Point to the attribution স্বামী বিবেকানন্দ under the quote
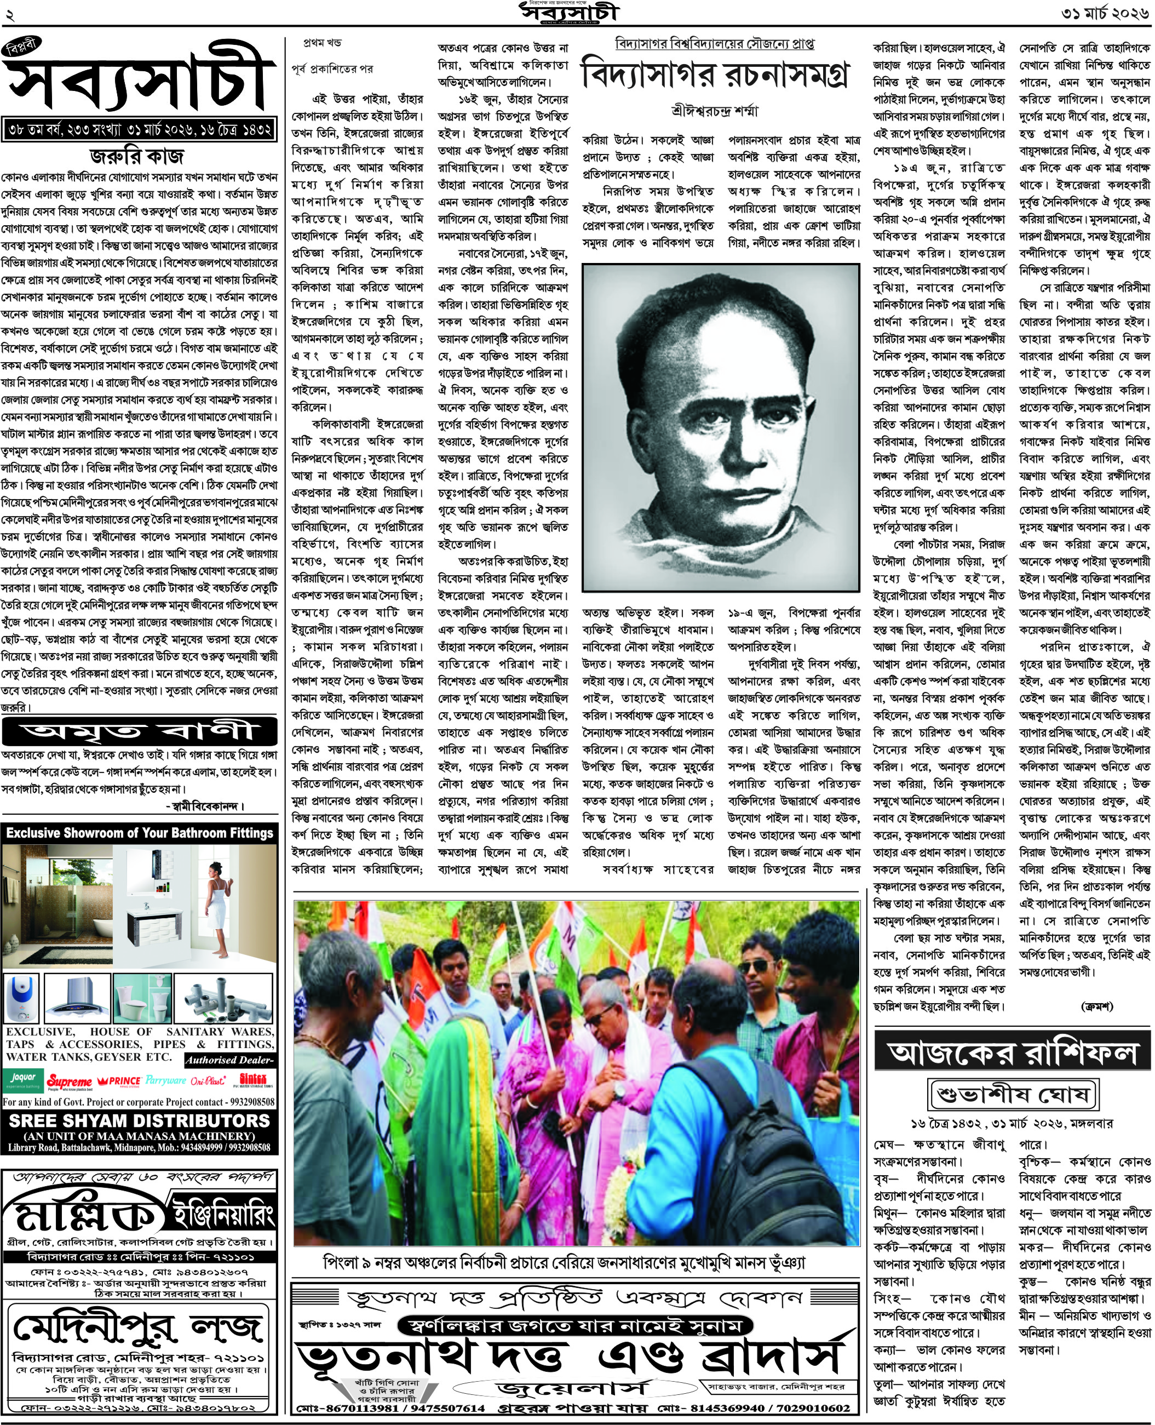(x=205, y=806)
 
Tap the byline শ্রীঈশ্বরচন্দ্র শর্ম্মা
(x=715, y=111)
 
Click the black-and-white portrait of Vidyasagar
(x=721, y=427)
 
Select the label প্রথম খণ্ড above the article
(x=322, y=43)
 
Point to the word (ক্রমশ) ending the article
(x=1096, y=1006)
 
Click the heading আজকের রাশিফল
(x=1012, y=1052)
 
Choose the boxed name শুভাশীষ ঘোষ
(x=1013, y=1094)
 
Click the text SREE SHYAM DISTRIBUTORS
(x=139, y=1121)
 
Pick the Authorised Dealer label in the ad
(x=229, y=1060)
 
